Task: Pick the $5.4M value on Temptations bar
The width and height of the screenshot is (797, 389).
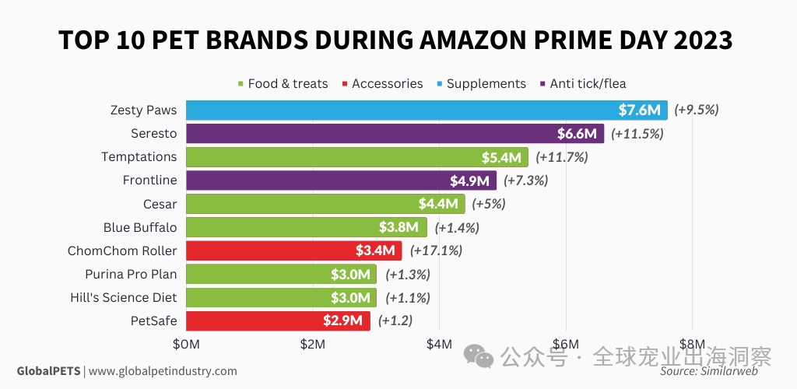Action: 501,157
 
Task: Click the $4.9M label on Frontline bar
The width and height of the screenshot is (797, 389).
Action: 469,180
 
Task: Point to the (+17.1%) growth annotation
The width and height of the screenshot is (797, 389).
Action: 437,251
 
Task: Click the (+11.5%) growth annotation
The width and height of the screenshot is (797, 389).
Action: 637,134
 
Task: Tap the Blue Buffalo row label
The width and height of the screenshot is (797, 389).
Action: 140,227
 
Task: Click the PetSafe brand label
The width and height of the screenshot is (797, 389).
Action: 155,321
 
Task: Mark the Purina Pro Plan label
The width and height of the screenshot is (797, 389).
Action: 131,274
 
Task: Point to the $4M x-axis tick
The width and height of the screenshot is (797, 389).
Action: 439,344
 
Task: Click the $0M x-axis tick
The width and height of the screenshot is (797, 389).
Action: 187,344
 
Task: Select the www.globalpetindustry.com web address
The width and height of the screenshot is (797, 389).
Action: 163,371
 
